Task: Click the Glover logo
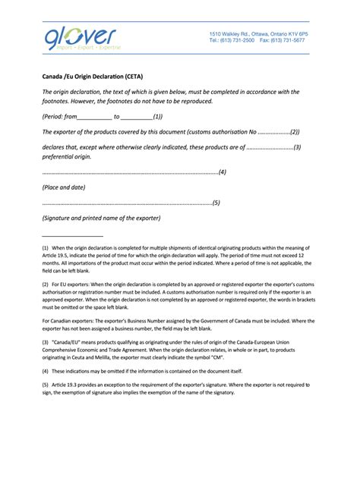(81, 38)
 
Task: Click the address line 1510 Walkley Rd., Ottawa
(257, 34)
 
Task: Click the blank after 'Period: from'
(95, 118)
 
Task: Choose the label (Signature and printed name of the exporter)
(101, 218)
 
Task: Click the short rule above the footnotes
(72, 237)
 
